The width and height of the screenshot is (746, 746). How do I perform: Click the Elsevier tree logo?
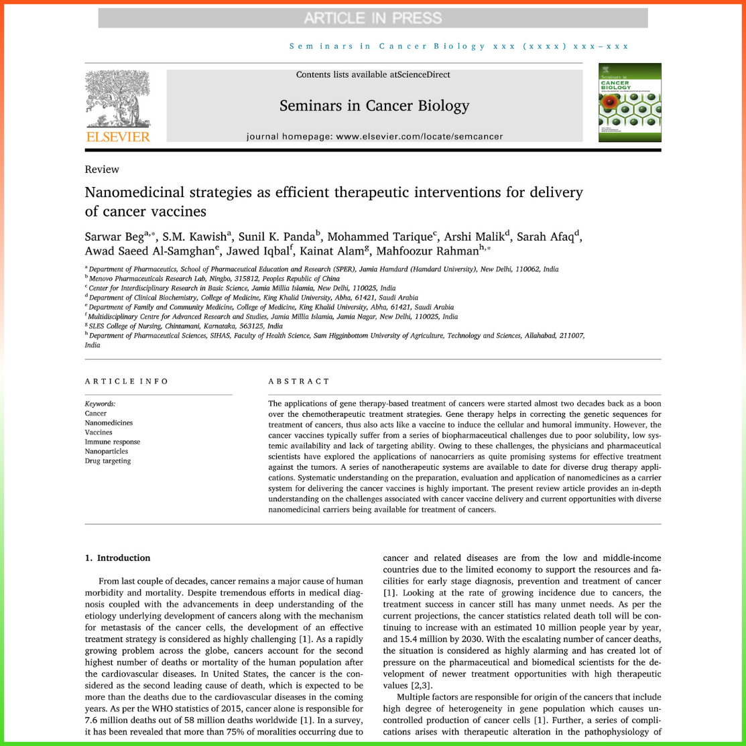click(118, 99)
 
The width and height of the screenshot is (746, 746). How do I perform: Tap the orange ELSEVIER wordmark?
click(118, 137)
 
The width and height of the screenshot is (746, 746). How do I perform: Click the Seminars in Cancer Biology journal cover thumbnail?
click(629, 102)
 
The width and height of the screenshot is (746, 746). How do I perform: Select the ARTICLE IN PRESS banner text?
click(373, 18)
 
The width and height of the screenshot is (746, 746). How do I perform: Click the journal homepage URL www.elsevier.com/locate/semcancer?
click(419, 137)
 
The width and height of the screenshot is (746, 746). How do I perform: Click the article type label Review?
click(102, 170)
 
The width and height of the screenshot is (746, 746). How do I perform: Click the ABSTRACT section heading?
click(299, 381)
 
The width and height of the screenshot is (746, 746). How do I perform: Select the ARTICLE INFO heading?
click(127, 381)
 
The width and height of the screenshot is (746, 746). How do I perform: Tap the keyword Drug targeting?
click(108, 461)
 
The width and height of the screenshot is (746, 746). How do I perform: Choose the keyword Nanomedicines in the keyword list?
click(109, 423)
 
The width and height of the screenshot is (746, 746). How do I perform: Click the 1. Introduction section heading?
click(117, 558)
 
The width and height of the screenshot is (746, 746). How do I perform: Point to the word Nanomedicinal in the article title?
click(134, 193)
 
